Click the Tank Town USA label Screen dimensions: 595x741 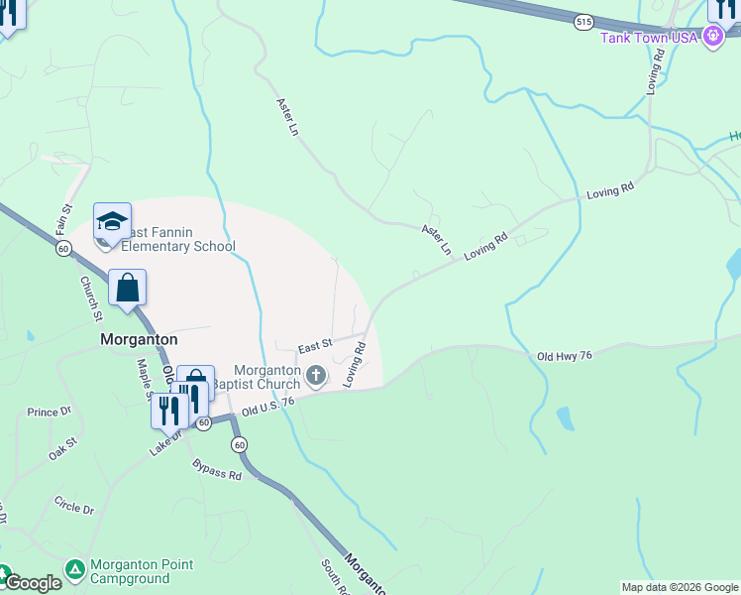pos(649,37)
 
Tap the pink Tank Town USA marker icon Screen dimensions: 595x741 pos(712,37)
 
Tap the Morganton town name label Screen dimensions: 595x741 pos(139,338)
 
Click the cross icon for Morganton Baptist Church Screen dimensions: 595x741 pos(316,375)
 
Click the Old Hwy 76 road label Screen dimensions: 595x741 pos(564,356)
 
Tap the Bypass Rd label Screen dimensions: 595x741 pos(217,469)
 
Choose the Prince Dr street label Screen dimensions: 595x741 pos(50,412)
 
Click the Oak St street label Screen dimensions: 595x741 pos(63,448)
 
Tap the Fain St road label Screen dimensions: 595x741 pos(65,219)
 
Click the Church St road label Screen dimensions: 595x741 pos(91,298)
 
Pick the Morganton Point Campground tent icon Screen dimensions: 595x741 pos(74,569)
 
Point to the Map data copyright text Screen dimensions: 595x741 pos(679,587)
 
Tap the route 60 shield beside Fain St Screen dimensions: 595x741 pos(63,250)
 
